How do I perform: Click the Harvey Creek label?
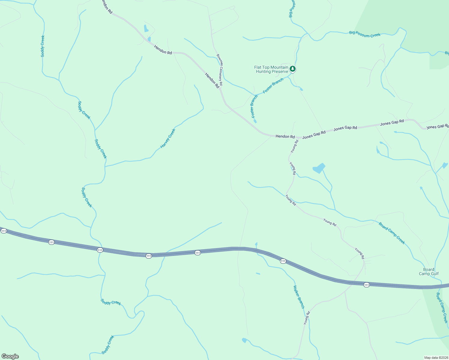coord(168,138)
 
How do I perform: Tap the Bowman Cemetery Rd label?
coord(220,70)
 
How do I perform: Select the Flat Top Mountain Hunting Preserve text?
coord(271,69)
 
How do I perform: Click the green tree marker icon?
coord(293,69)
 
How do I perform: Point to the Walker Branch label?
coord(299,297)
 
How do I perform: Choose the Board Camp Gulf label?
coord(429,271)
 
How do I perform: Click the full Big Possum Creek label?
coord(365,34)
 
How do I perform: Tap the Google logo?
coord(10,356)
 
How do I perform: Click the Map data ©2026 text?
coord(435,358)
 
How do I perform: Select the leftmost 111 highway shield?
coord(4,231)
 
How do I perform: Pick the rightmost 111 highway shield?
coord(366,285)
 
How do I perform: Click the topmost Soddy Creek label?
coord(43,46)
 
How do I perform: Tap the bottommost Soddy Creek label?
coord(108,345)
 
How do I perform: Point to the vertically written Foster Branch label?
coord(254,106)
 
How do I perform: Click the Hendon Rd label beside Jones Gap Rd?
coord(285,136)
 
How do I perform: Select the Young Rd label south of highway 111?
coord(306,318)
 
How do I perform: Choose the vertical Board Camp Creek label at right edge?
coord(442,307)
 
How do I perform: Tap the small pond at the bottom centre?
coord(244,340)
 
